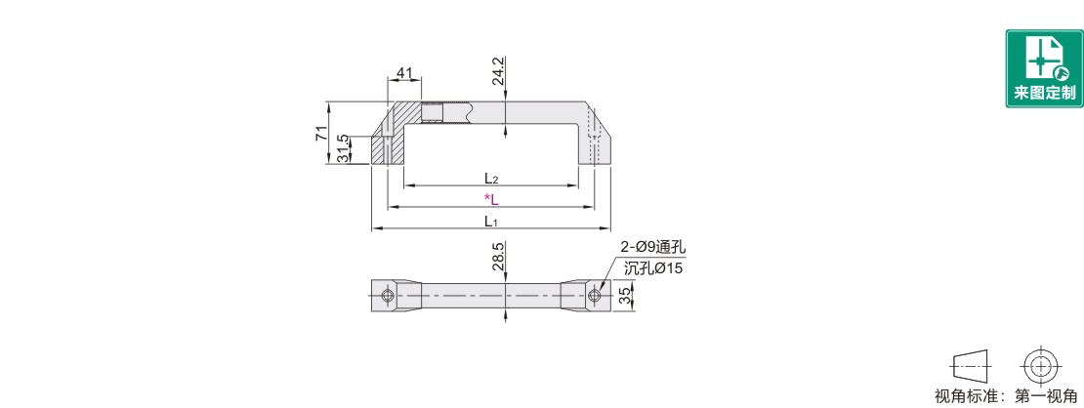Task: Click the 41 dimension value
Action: [x=404, y=72]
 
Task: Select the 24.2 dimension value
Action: [x=498, y=72]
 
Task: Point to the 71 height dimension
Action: [x=320, y=134]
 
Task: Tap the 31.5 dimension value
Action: [x=342, y=148]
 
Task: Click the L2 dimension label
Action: [x=491, y=179]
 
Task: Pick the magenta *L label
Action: [x=491, y=200]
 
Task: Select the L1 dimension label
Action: [x=491, y=222]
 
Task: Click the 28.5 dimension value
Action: [x=498, y=256]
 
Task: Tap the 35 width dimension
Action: [x=624, y=297]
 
